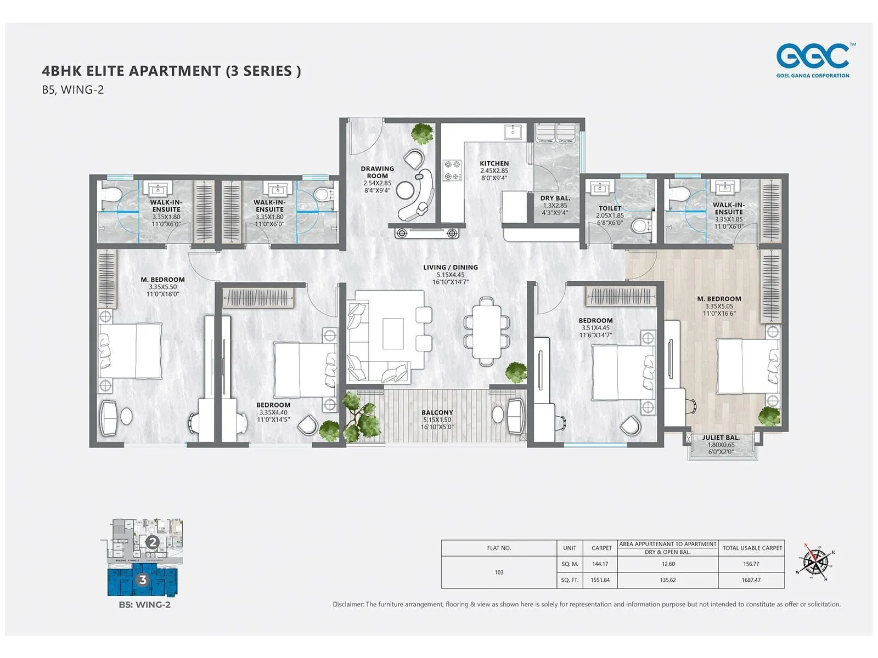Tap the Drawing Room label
coord(377,172)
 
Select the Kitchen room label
coord(494,163)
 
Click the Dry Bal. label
coord(555,198)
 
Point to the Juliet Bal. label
coord(721,438)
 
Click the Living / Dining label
coord(450,268)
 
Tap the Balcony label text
coord(437,412)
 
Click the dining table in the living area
coord(486,331)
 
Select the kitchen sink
coord(513,132)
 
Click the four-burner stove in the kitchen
coord(452,170)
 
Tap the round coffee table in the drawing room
coord(406,190)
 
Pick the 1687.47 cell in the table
coord(751,580)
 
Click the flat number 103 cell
coord(499,572)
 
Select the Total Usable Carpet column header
coord(752,548)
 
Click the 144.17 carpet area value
coord(600,564)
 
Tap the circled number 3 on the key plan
coord(143,580)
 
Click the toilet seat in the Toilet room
coord(639,225)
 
